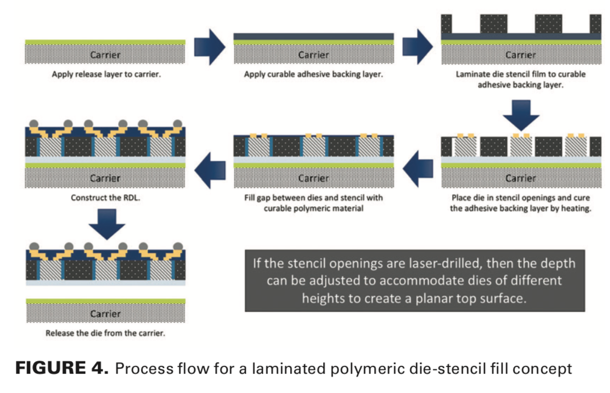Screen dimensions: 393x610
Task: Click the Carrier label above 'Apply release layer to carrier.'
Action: coord(106,55)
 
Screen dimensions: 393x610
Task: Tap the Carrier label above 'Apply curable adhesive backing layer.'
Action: coord(314,55)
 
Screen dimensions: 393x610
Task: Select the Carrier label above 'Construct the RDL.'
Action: coord(106,178)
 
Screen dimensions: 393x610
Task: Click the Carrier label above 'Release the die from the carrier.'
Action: coord(106,313)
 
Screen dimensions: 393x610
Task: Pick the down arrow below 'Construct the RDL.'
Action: coord(106,224)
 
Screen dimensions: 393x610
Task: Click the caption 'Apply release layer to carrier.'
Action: coord(106,74)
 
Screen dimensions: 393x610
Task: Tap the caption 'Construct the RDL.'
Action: coord(106,198)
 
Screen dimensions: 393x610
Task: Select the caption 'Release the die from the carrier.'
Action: coord(106,333)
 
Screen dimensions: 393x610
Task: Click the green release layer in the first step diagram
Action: coord(106,43)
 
